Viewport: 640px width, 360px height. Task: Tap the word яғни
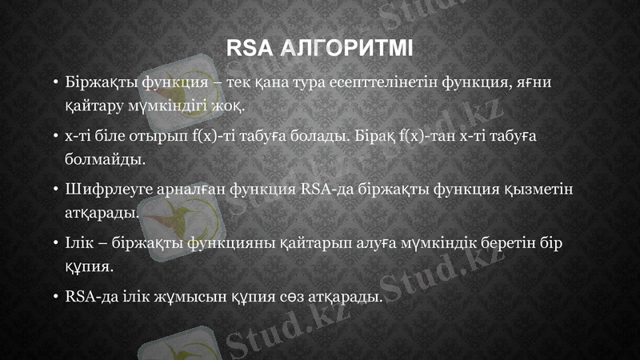[x=540, y=82]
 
